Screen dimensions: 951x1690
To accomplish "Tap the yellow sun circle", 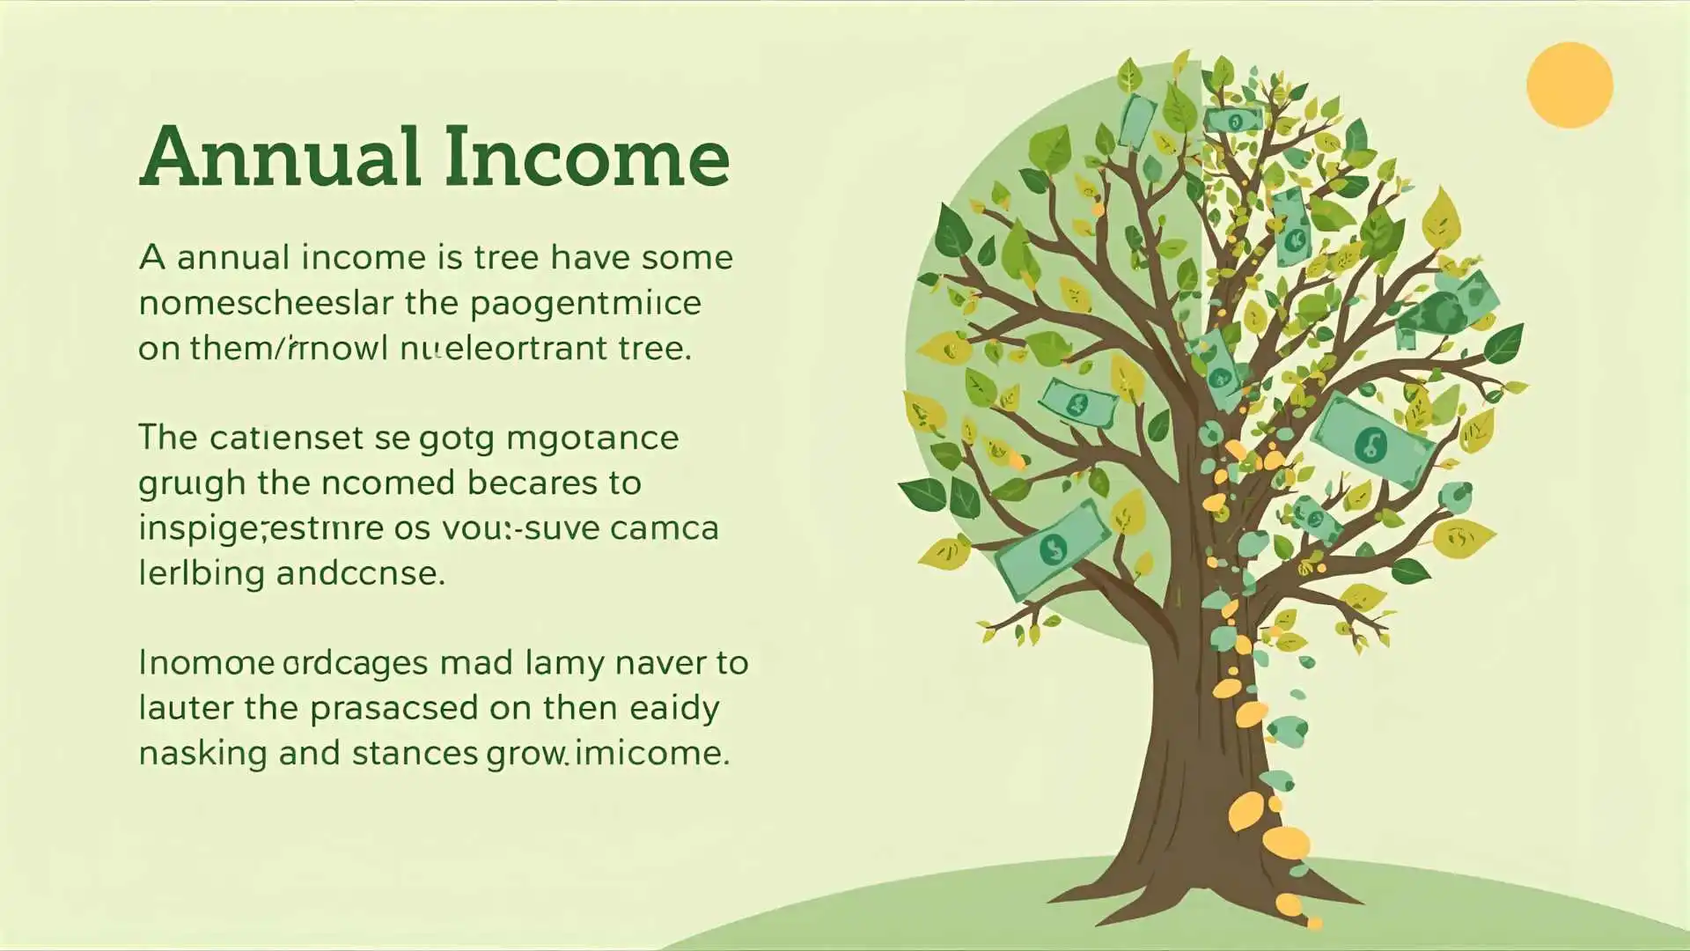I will pos(1569,85).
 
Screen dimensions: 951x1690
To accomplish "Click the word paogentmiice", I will pos(585,303).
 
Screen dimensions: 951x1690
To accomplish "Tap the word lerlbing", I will pos(202,574).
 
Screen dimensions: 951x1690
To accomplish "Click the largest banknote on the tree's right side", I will pos(1372,440).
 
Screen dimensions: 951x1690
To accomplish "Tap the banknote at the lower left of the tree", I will pos(1052,549).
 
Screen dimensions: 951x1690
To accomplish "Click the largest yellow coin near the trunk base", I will pos(1286,842).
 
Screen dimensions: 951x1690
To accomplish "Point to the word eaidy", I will pos(675,708).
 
